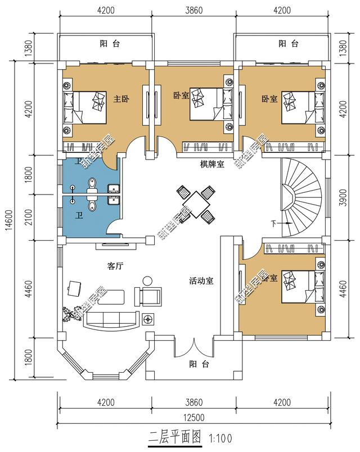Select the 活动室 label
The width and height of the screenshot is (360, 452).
(201, 281)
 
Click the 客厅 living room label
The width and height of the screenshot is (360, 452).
(115, 265)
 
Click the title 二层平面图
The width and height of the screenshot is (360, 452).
(174, 436)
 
